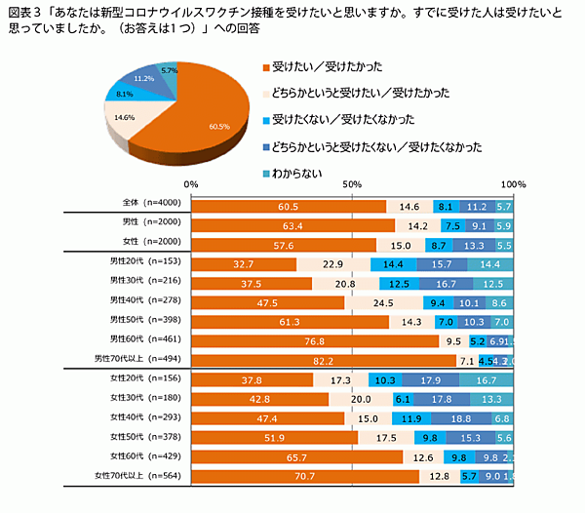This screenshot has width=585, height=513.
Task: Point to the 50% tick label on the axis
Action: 352,183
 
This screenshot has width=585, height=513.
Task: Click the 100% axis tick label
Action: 514,183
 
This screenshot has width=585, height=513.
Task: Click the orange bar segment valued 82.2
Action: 322,361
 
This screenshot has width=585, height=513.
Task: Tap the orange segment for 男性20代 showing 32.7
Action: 243,264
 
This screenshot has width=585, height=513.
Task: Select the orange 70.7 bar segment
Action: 304,476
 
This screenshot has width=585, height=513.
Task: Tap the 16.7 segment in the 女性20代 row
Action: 487,380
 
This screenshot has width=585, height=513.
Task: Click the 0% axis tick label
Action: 191,183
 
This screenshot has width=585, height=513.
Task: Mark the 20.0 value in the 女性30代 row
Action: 361,399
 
